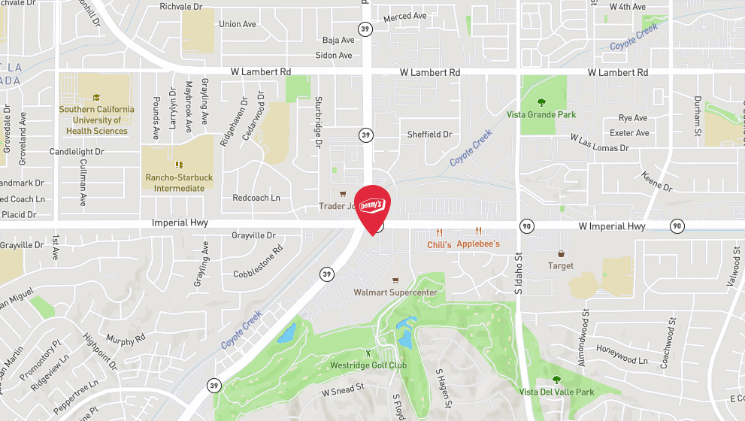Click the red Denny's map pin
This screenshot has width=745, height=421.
[371, 207]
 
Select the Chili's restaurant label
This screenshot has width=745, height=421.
[439, 244]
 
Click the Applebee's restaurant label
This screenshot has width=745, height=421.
[478, 244]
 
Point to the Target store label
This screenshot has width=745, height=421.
[561, 265]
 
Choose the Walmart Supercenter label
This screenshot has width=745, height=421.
[395, 292]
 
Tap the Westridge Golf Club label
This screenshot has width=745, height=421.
[368, 365]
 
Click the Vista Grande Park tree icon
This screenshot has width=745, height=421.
[541, 102]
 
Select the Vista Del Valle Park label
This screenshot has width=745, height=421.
[556, 392]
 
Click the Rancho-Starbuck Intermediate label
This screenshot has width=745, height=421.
[179, 183]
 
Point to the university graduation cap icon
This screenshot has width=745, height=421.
[96, 97]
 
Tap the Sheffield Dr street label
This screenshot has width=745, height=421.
[429, 135]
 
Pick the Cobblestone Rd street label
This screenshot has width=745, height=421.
[257, 260]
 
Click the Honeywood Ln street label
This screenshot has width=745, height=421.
[622, 355]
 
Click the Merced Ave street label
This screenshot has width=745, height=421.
[404, 17]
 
